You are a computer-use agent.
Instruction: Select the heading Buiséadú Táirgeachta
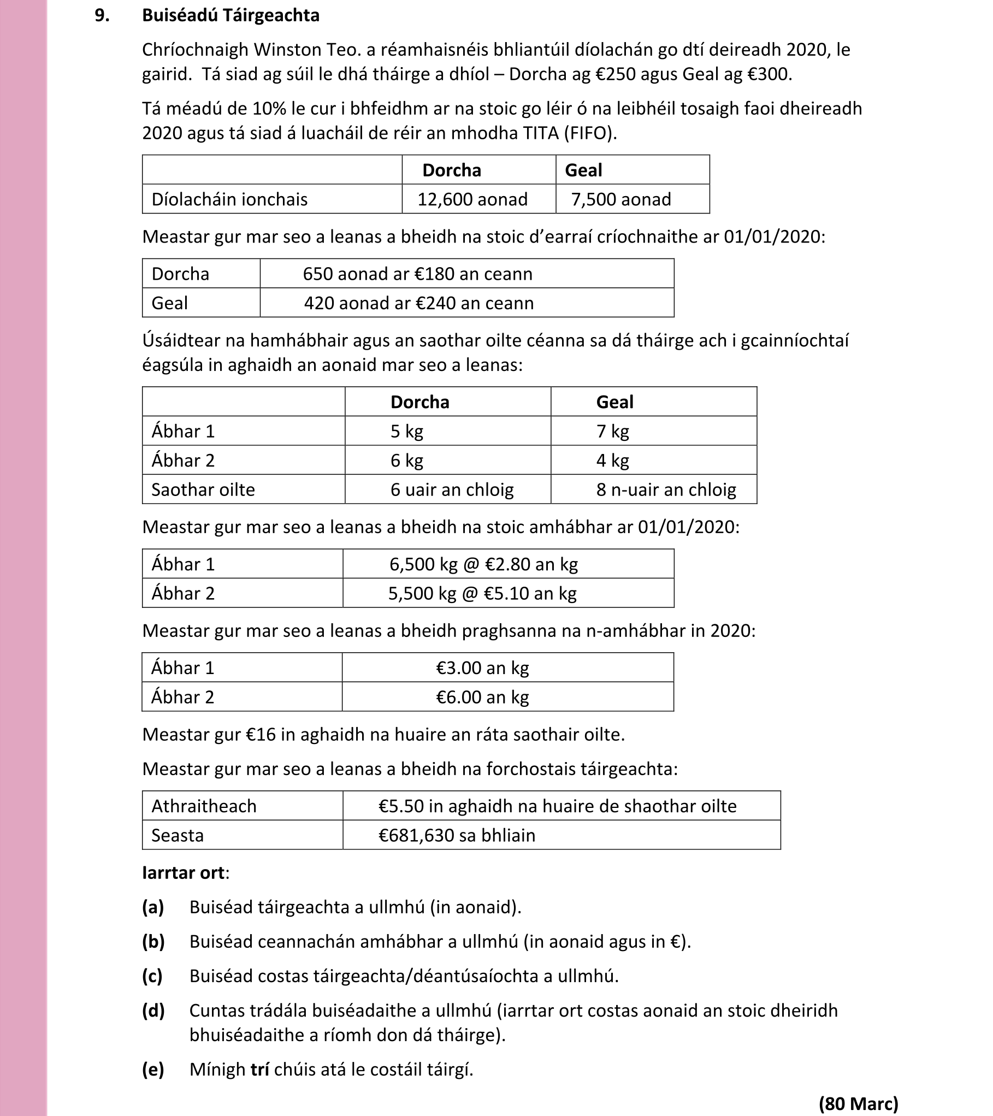(230, 15)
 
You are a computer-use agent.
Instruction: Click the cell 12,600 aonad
(472, 199)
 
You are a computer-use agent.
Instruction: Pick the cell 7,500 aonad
(621, 199)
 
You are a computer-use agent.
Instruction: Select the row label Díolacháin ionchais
(229, 199)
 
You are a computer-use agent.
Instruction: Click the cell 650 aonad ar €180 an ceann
(417, 274)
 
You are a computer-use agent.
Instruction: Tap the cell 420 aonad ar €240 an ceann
(418, 303)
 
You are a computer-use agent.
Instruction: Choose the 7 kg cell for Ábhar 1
(612, 431)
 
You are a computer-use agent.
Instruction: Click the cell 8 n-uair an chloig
(666, 489)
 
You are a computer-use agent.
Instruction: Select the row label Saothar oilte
(203, 489)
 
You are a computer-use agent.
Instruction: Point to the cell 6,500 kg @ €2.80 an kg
(483, 564)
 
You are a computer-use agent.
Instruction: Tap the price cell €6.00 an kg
(482, 696)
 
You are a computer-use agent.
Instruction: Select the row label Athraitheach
(204, 806)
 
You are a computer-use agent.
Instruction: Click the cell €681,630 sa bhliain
(457, 835)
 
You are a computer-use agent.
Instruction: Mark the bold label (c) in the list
(152, 976)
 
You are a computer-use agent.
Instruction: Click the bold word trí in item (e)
(259, 1068)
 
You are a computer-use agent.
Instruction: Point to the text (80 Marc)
(858, 1103)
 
